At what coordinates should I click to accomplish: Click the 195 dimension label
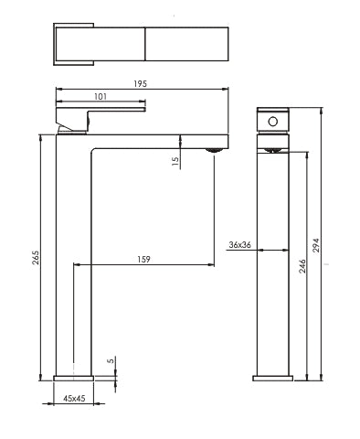(x=141, y=83)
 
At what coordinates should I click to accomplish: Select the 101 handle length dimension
(x=101, y=97)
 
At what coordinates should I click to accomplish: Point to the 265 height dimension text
(x=36, y=258)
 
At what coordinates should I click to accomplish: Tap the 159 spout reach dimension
(x=143, y=260)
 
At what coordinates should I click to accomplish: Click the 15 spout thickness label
(x=175, y=161)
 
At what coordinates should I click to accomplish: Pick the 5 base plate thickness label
(x=111, y=360)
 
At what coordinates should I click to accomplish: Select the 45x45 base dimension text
(x=74, y=398)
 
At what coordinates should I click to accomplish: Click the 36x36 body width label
(x=240, y=245)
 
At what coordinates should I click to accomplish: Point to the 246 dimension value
(x=302, y=266)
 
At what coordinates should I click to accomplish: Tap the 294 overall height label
(x=316, y=245)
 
